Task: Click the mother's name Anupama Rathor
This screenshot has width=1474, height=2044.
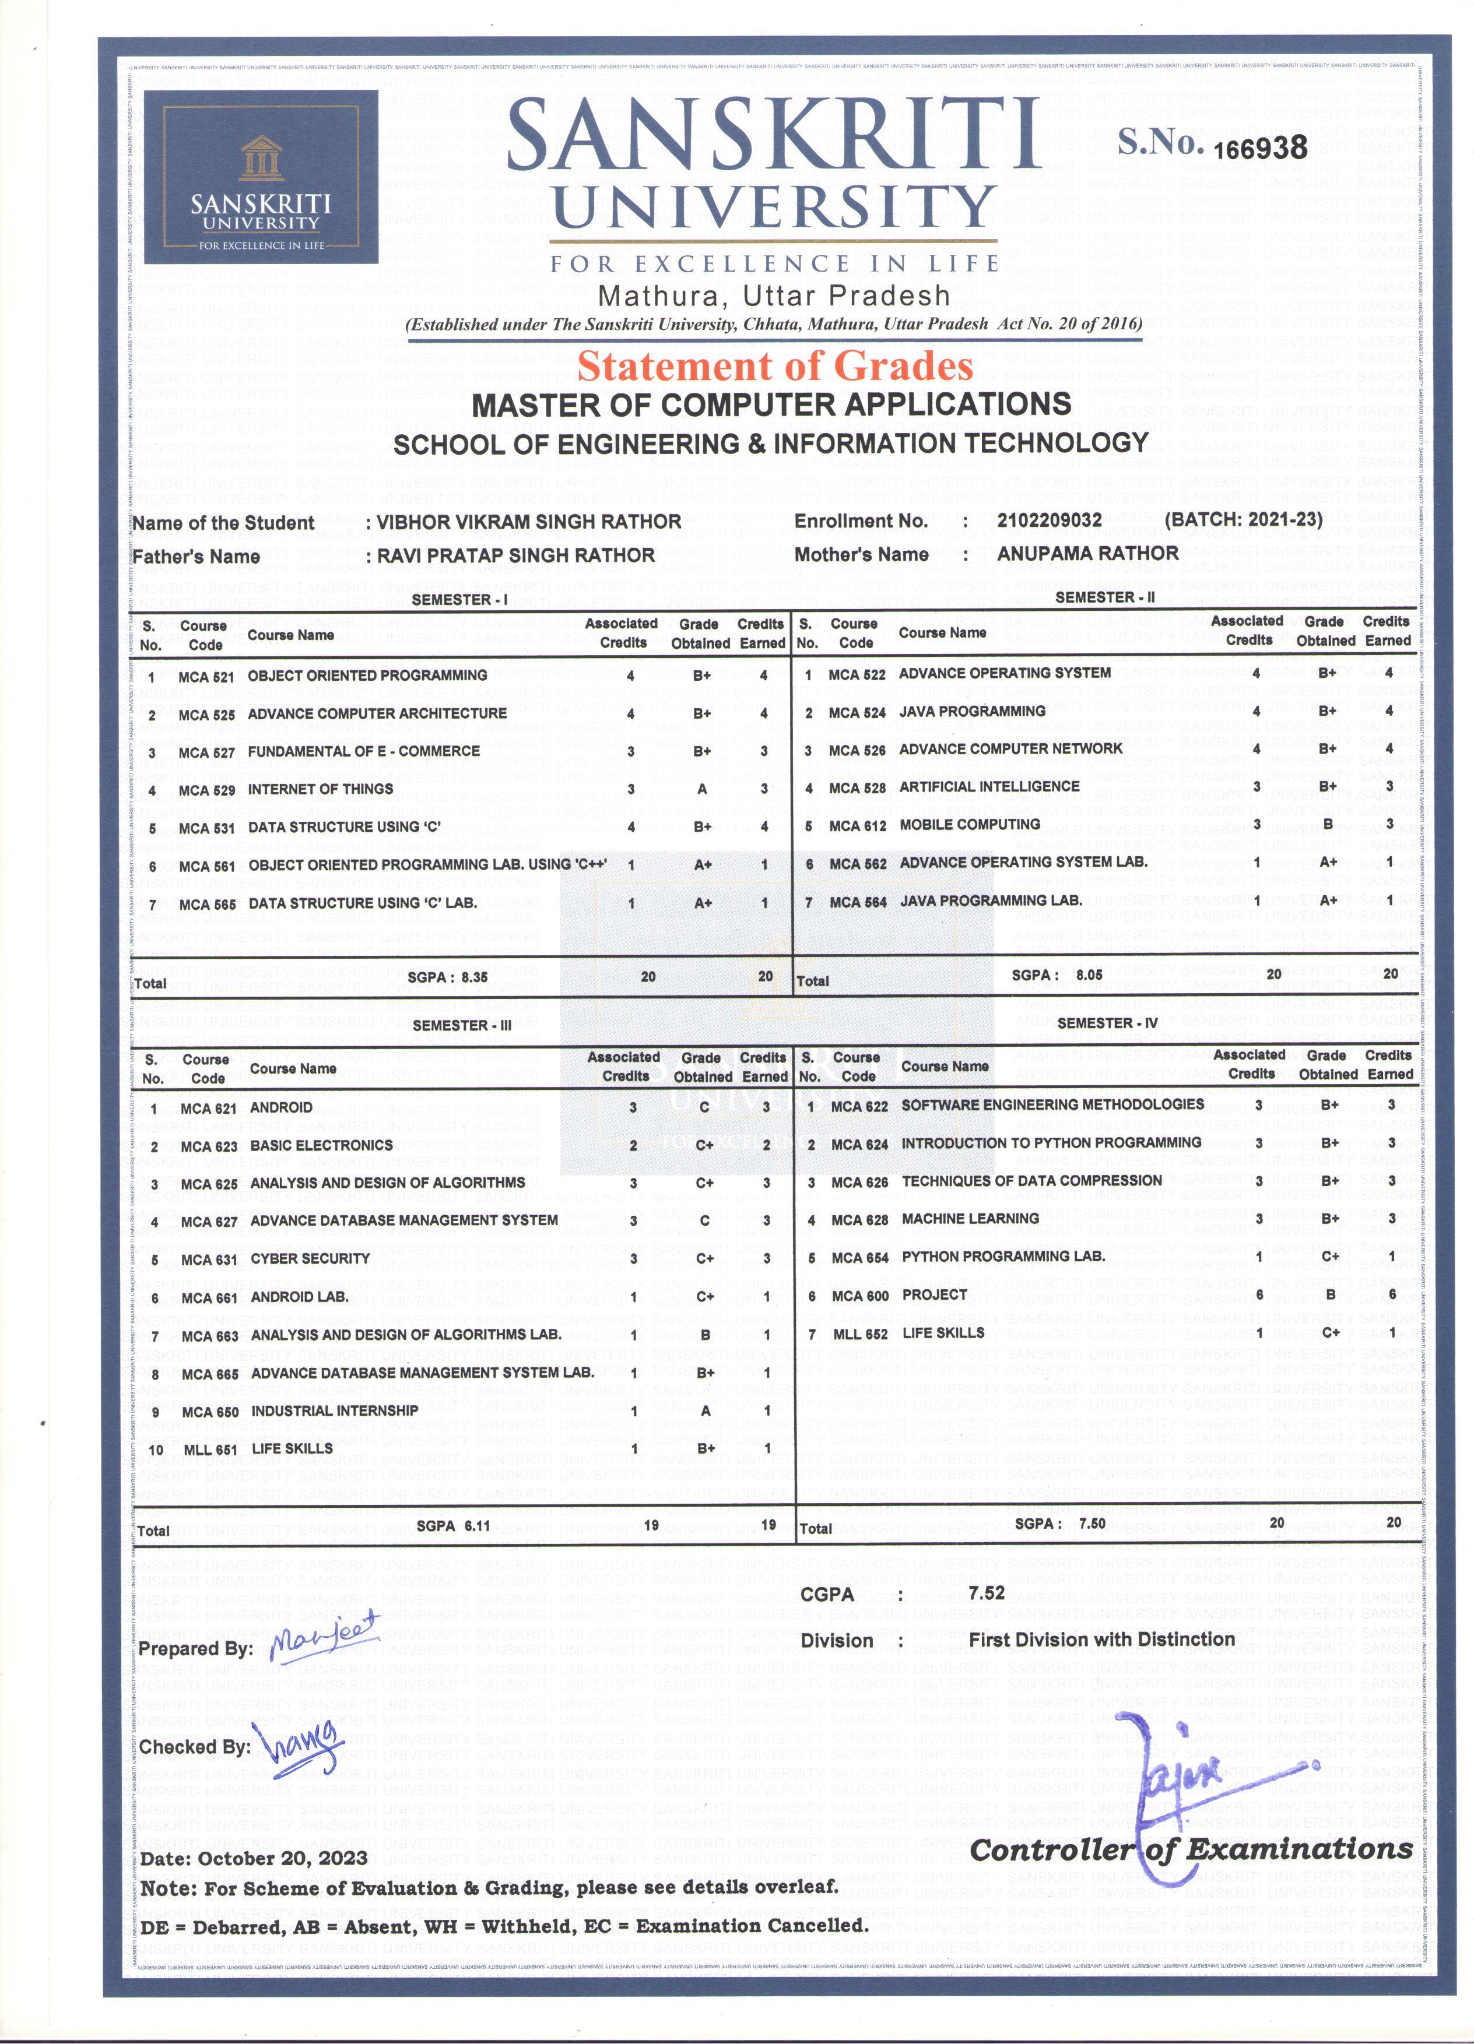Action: coord(1087,553)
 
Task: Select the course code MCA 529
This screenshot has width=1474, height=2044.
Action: coord(206,790)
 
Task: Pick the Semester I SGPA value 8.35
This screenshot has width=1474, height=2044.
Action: coord(474,977)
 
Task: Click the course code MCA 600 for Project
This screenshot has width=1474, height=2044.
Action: coord(860,1296)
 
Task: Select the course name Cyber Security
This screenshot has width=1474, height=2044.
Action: coord(310,1258)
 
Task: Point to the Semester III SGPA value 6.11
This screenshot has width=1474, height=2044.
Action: coord(477,1526)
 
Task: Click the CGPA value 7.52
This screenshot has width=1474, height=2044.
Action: coord(987,1592)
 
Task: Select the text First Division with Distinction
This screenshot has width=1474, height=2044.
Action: coord(1101,1640)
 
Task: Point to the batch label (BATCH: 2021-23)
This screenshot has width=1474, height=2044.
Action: coord(1243,519)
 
